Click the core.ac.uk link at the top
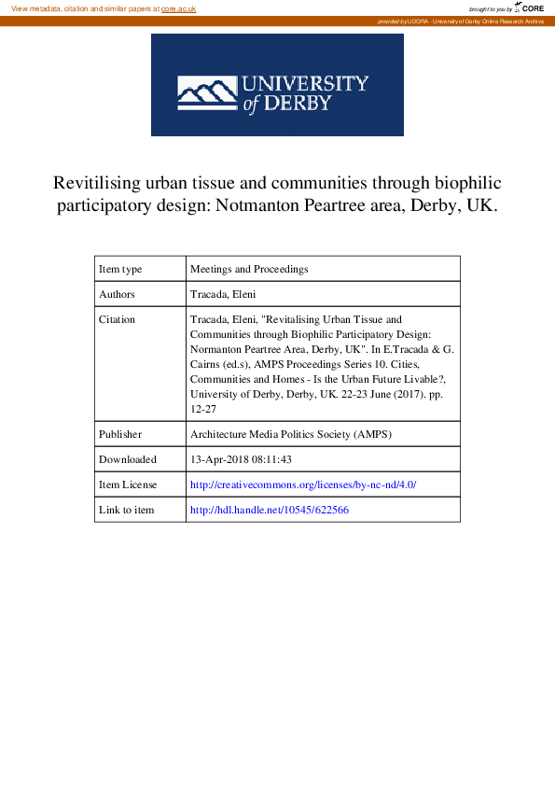(178, 7)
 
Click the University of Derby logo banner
(277, 86)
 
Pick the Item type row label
(120, 269)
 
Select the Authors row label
(118, 294)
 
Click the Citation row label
(118, 319)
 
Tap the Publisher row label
(120, 434)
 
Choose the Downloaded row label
(128, 459)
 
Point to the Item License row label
(129, 484)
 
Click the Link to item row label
(127, 510)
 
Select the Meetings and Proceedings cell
(249, 269)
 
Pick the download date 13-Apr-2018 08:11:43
(242, 459)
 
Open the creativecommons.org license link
(303, 484)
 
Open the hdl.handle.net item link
(270, 510)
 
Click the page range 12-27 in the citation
(202, 409)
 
